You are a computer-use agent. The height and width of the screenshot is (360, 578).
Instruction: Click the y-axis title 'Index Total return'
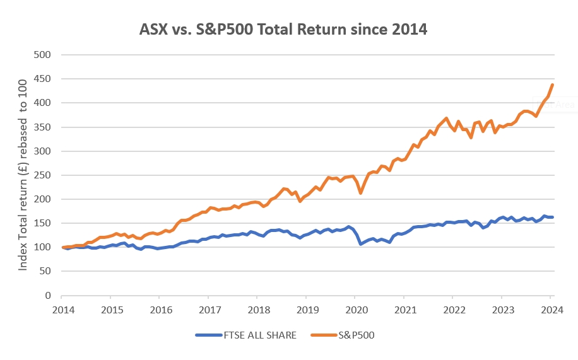[x=23, y=176]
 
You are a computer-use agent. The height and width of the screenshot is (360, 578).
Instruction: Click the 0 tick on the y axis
[x=47, y=295]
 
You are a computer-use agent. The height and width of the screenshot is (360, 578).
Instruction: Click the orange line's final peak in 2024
[x=553, y=84]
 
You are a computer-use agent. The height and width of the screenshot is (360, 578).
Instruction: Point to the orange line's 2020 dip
[x=360, y=192]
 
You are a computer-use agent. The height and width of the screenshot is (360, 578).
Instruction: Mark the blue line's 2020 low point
[x=360, y=243]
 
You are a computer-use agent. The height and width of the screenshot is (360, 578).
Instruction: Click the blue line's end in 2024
[x=553, y=217]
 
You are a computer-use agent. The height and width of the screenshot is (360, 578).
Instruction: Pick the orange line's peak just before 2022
[x=446, y=119]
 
